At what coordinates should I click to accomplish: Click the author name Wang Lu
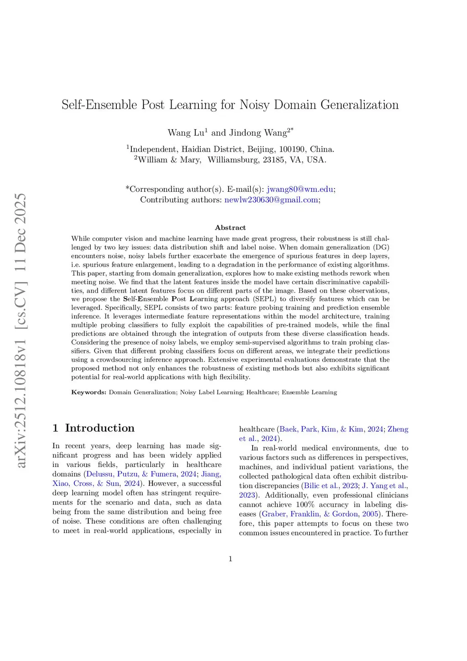point(186,133)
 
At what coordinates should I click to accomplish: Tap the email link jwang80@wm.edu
point(300,189)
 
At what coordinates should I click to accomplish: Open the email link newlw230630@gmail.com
point(271,199)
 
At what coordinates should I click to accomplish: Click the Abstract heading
point(230,227)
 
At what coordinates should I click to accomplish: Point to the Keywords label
point(89,392)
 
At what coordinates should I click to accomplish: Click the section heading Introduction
point(99,428)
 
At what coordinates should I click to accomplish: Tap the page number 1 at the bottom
point(230,559)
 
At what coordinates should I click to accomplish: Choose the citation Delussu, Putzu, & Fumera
point(131,474)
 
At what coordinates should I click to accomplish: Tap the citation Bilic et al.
point(321,486)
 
